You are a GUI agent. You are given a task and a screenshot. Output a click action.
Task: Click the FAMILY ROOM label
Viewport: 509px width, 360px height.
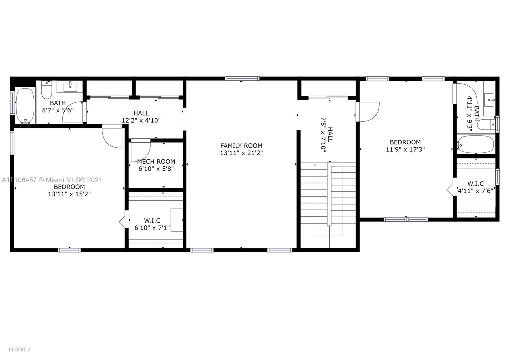coord(241,146)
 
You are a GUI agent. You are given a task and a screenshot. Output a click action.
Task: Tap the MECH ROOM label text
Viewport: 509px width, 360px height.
coord(156,162)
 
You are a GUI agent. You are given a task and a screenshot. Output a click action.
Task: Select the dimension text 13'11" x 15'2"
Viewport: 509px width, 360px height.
coord(69,194)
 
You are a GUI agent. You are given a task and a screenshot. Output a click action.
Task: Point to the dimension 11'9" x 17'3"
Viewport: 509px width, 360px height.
coord(405,149)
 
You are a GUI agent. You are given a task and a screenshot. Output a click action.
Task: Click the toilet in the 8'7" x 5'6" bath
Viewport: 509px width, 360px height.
coord(46,89)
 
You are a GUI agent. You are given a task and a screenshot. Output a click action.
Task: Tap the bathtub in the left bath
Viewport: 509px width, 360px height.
coord(25,106)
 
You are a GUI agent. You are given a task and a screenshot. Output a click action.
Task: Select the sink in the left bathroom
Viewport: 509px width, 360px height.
coord(70,87)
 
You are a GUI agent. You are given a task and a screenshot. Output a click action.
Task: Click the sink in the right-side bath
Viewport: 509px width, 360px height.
coord(489,100)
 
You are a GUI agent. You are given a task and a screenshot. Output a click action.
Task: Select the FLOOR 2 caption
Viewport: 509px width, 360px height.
coord(19,349)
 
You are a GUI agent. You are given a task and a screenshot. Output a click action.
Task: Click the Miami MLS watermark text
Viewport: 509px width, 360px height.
coord(52,180)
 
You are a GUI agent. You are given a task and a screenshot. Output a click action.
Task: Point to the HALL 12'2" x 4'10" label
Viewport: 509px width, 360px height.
coord(141,117)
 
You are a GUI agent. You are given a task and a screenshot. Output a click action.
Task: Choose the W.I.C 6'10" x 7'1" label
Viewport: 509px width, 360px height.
coord(152,224)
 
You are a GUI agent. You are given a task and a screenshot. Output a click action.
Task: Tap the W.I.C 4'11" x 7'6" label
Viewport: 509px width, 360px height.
coord(475,187)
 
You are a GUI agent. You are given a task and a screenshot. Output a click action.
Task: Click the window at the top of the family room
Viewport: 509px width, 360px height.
coord(242,79)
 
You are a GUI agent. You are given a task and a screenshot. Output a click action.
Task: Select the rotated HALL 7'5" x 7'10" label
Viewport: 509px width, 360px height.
coord(327,135)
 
